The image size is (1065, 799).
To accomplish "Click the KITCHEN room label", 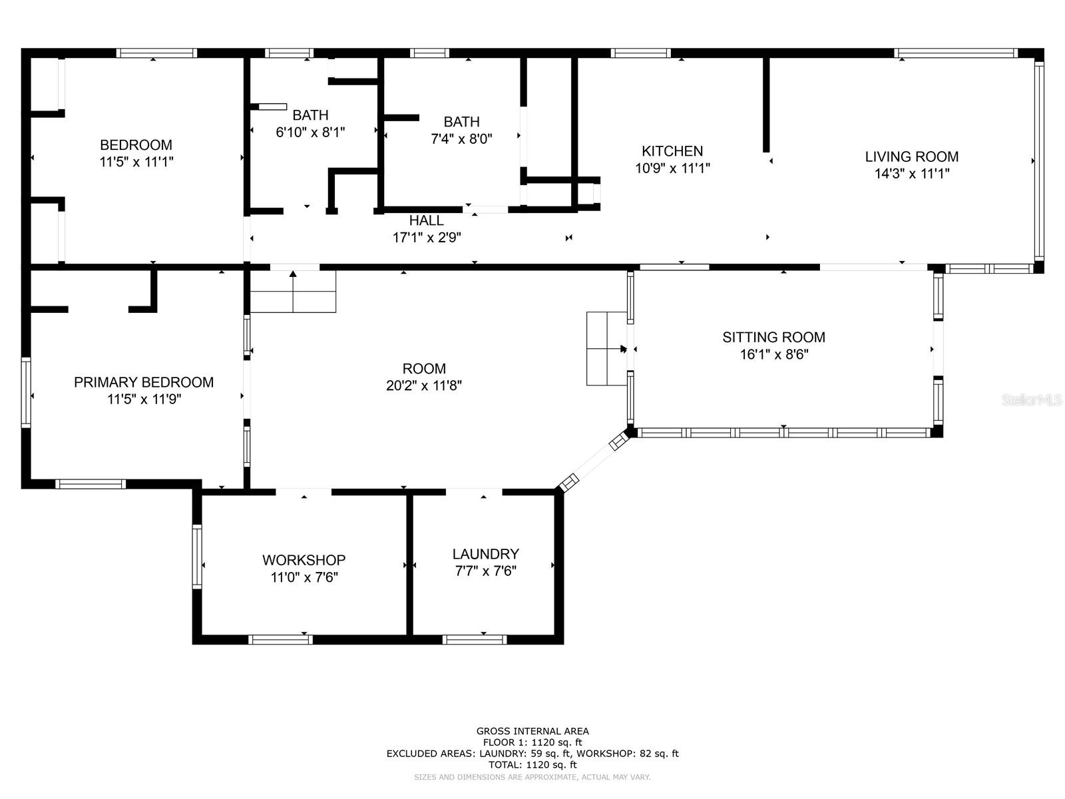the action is (672, 151).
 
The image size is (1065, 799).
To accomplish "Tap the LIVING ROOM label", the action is (912, 156).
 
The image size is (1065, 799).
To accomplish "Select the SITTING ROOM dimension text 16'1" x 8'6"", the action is (774, 355).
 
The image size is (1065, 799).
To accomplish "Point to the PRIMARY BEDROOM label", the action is (144, 382).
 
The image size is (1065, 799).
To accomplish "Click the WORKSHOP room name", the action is (304, 560).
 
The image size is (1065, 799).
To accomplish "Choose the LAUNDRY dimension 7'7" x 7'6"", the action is (486, 571).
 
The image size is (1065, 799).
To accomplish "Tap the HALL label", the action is (426, 220).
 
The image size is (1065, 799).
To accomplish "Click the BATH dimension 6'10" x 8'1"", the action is (311, 132).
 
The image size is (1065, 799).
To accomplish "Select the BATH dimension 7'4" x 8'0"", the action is (461, 138).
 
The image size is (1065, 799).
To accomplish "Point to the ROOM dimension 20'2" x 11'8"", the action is (423, 386).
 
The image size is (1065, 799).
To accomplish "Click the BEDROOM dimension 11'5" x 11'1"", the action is (136, 162).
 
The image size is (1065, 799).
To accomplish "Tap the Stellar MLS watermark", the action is (1032, 400).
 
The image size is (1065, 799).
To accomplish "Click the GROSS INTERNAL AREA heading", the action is (532, 731).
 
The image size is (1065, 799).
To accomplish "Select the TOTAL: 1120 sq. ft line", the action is (532, 765).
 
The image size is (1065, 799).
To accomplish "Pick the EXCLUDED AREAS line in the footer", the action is (532, 754).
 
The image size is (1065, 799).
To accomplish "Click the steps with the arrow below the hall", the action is (293, 291).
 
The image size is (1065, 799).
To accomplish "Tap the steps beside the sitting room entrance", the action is (606, 349).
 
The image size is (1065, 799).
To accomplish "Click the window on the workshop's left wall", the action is (197, 556).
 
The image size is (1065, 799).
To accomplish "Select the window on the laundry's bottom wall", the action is (475, 639).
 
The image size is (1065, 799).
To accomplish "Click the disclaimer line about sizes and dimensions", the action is (532, 777).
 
